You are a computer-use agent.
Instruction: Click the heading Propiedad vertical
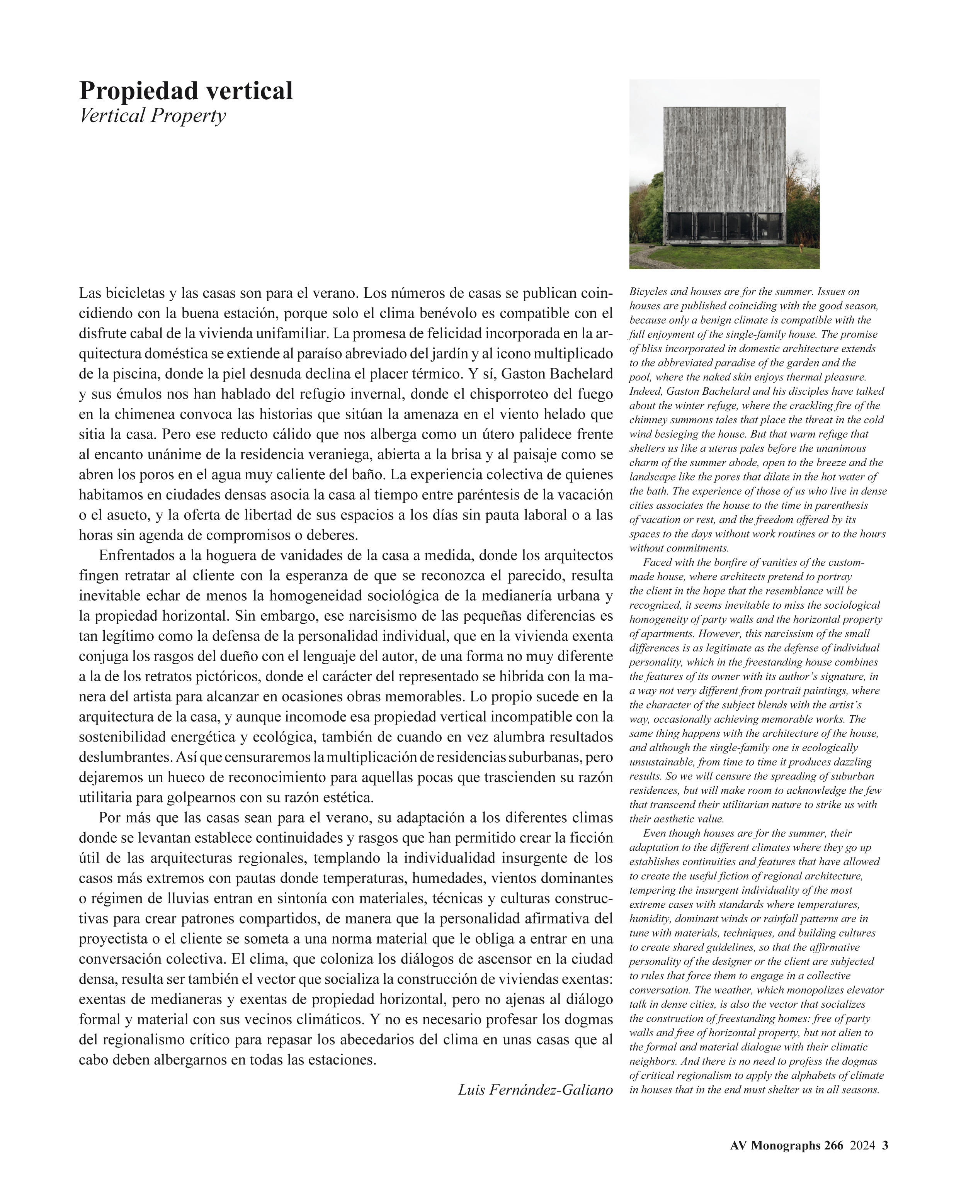185,91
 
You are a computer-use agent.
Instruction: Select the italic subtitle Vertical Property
153,116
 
